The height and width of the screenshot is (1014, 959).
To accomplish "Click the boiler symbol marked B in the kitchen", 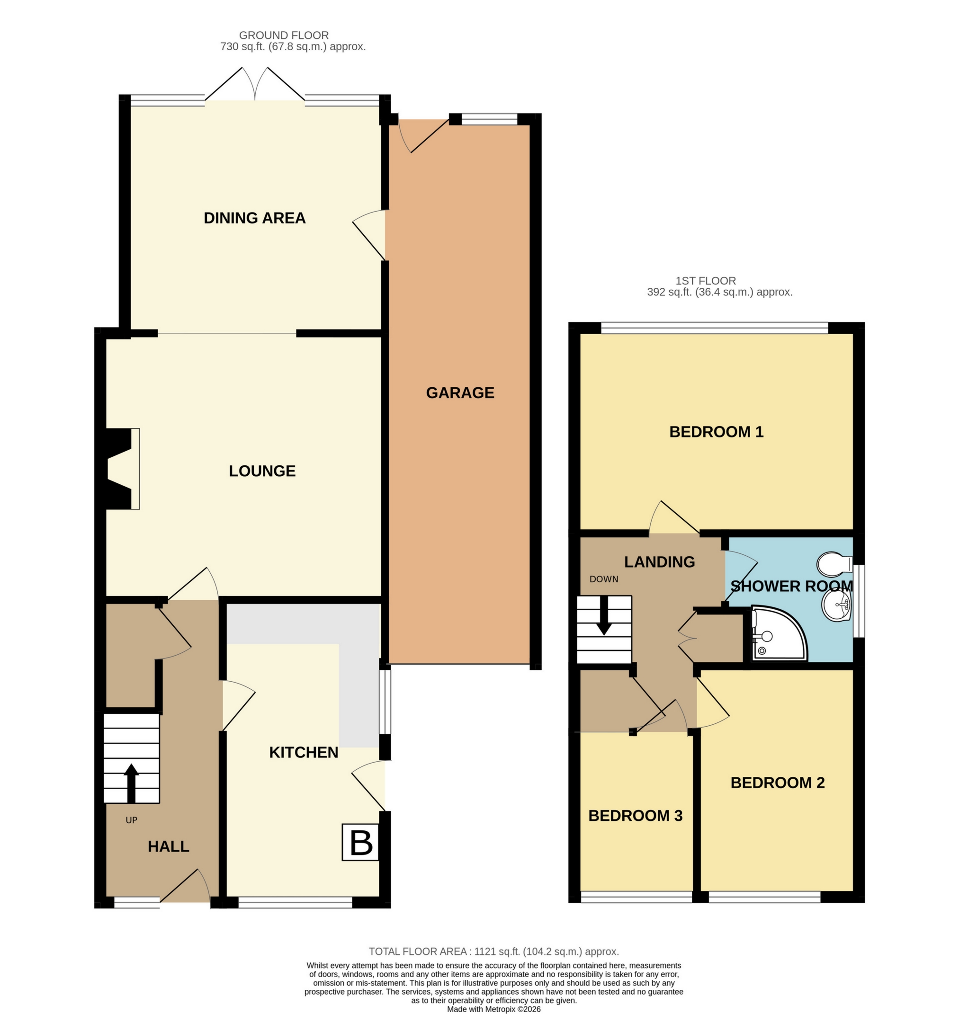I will pos(361,842).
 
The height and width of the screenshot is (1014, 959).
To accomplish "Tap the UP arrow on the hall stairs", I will pos(131,783).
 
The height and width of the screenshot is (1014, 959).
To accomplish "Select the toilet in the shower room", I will pos(833,564).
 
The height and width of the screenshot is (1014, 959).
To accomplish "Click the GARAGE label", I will pos(460,392).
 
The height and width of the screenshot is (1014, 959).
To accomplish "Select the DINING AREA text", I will pos(255,218).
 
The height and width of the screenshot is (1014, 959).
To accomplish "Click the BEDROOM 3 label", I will pos(635,815).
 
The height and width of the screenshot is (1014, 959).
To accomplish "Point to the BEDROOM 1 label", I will pos(716,432).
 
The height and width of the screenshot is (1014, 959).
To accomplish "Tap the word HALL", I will pos(168,846).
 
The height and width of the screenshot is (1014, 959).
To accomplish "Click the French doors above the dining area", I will pos(255,84).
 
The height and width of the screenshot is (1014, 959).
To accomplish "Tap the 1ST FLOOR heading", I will pos(706,281).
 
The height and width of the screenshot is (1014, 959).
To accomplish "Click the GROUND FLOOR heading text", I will pos(284,35).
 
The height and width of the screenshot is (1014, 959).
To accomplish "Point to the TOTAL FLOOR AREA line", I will pos(493,952).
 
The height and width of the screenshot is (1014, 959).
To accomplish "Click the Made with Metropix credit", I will pos(493,1009).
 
